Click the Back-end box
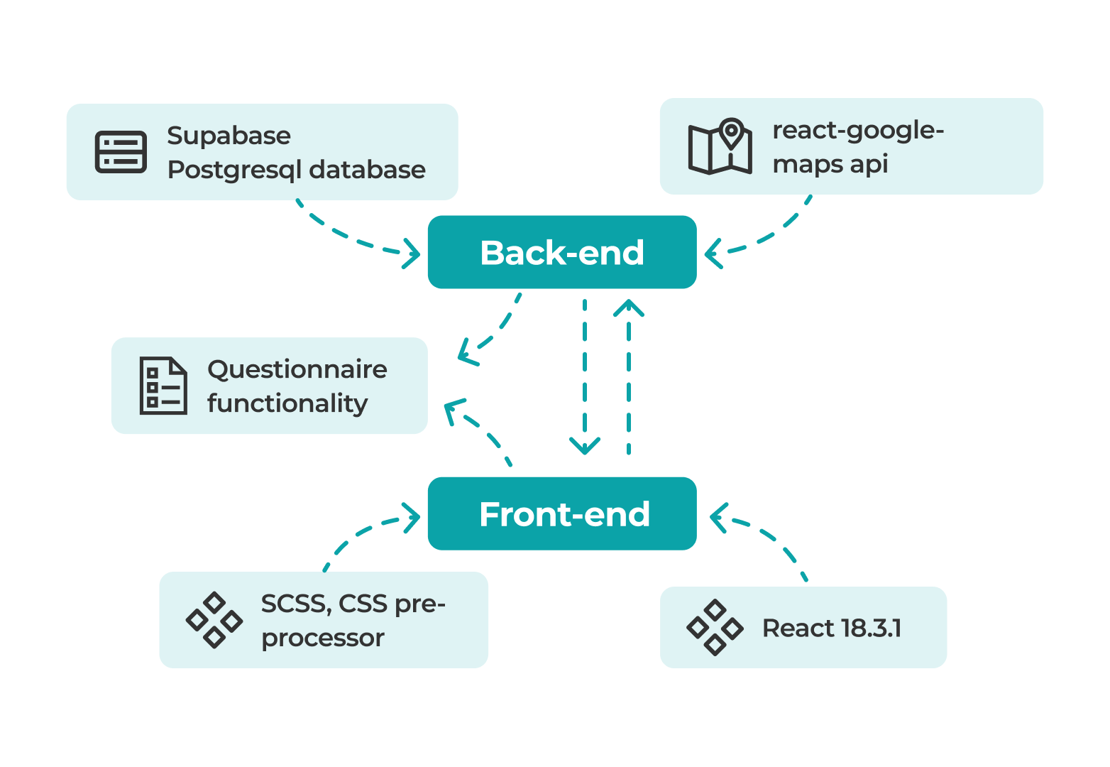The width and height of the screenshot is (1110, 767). [562, 252]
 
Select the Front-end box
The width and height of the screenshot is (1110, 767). [562, 513]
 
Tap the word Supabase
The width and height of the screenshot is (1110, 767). [229, 136]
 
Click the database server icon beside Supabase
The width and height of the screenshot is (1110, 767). [121, 152]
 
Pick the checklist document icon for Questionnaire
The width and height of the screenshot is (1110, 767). [163, 386]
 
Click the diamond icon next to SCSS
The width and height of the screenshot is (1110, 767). [214, 620]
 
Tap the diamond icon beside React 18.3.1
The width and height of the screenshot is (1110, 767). [715, 627]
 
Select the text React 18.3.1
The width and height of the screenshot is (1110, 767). [832, 628]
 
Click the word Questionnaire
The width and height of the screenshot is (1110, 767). [297, 369]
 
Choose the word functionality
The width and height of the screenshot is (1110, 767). [287, 403]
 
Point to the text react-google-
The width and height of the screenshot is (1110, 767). [858, 130]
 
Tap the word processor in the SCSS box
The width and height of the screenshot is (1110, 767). [322, 638]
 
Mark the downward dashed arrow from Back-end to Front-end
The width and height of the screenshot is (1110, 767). [585, 376]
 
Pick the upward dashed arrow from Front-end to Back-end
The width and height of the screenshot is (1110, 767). [629, 376]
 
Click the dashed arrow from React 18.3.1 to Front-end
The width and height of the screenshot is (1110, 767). [770, 536]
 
